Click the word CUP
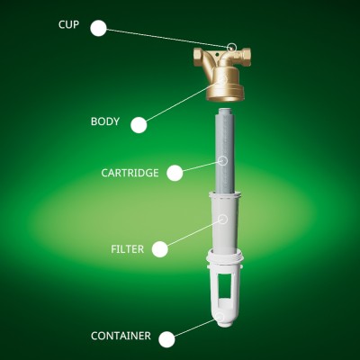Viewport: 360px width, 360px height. [x=68, y=24]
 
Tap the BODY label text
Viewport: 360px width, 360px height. [x=105, y=121]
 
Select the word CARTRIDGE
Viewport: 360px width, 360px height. [x=130, y=173]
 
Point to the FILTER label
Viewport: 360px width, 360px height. [x=128, y=249]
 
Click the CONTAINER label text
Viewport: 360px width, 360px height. [x=121, y=336]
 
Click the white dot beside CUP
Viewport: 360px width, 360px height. [x=98, y=28]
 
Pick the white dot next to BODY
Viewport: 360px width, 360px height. [x=139, y=125]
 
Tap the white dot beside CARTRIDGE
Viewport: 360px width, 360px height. [x=175, y=173]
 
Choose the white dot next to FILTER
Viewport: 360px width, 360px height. [x=160, y=249]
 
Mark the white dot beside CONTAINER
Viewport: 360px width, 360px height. [x=166, y=339]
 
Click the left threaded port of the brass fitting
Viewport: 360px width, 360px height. [x=199, y=55]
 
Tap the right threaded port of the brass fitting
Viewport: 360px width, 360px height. [x=246, y=55]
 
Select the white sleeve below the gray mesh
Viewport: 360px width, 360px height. [x=225, y=222]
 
